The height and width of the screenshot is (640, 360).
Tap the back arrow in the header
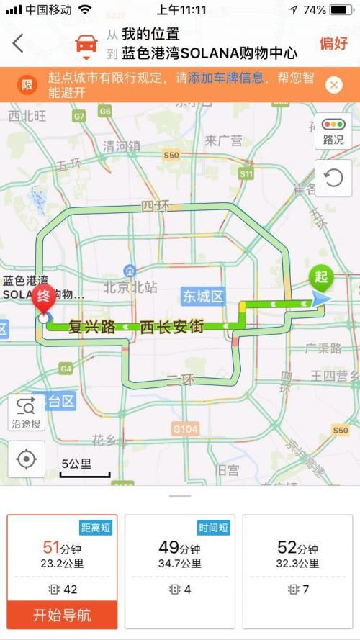pyautogui.click(x=18, y=43)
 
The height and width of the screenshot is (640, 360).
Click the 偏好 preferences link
pyautogui.click(x=333, y=43)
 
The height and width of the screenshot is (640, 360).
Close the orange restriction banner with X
pyautogui.click(x=333, y=85)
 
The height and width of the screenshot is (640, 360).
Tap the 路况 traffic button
pyautogui.click(x=333, y=132)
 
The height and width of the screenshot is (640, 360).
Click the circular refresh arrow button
pyautogui.click(x=333, y=178)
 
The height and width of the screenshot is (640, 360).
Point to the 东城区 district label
pyautogui.click(x=203, y=296)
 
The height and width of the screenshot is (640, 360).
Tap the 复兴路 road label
pyautogui.click(x=92, y=327)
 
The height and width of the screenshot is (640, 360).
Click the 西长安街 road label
pyautogui.click(x=172, y=327)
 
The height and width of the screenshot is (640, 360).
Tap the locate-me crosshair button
pyautogui.click(x=27, y=459)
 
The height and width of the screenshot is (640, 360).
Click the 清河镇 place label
pyautogui.click(x=122, y=146)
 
